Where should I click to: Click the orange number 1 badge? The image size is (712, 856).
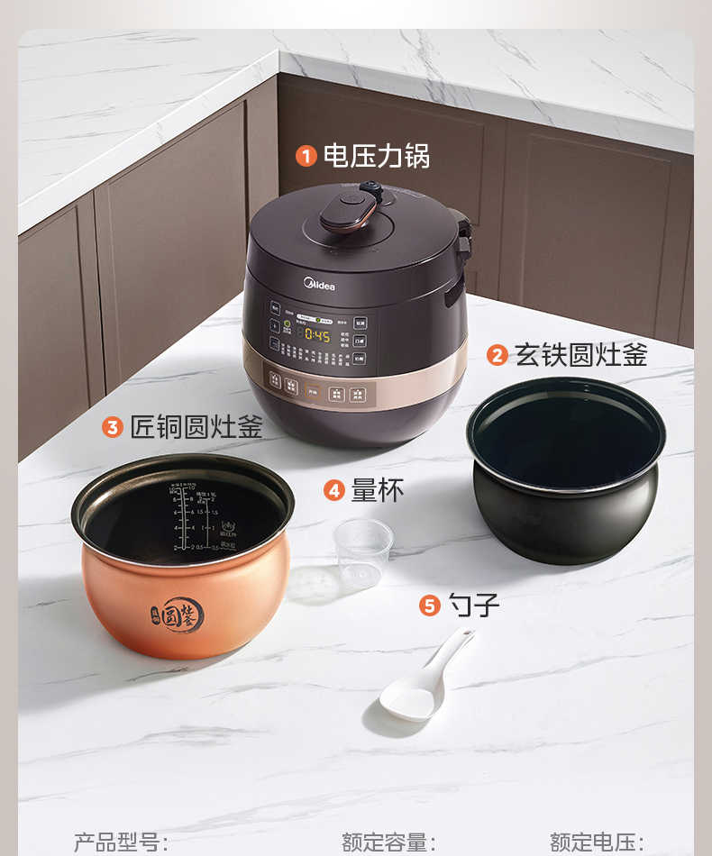pos(306,157)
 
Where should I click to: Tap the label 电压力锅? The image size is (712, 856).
pos(377,156)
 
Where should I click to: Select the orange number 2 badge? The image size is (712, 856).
pos(497,355)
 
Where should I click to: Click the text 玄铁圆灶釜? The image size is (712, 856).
pos(581,354)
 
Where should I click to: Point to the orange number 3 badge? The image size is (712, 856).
pos(113,427)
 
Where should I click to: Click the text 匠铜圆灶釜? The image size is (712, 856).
pos(196,426)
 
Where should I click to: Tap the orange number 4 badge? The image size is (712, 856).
pos(334,490)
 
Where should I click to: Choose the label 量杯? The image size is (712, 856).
pos(378,489)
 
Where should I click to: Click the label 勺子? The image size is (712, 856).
pos(474,605)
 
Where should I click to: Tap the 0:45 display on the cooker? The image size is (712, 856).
pos(317,334)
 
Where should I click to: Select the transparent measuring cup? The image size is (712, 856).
pos(363,552)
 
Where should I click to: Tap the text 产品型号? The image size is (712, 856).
pos(121,842)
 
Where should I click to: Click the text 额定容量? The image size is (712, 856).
pos(388,842)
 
